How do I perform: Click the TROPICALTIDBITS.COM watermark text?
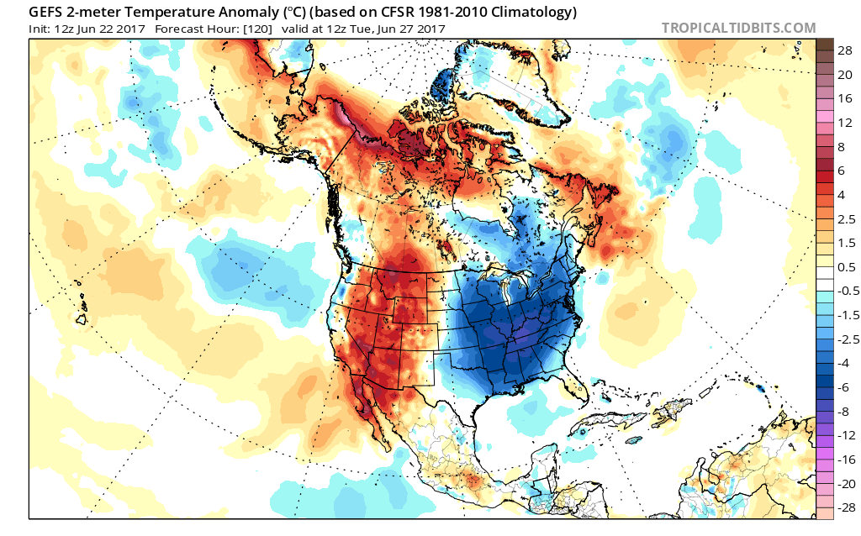point(738,28)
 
